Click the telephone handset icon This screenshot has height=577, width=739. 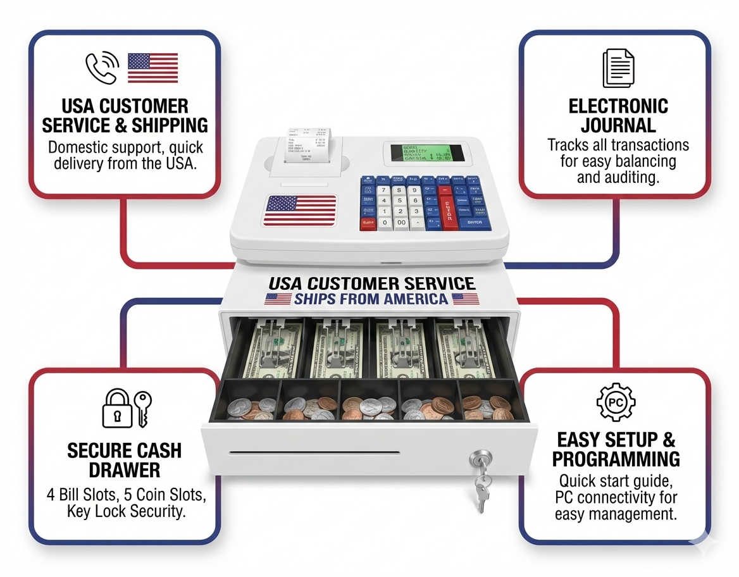[x=101, y=68]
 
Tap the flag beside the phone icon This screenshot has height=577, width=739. [x=152, y=68]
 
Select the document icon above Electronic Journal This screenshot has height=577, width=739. [x=618, y=68]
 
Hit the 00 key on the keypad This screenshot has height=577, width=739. [x=401, y=223]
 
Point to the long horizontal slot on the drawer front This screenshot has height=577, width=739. [x=314, y=453]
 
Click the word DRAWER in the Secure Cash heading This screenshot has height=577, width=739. [x=125, y=470]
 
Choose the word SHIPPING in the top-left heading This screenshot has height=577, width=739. [x=170, y=125]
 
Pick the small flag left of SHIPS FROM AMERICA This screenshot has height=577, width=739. [x=278, y=299]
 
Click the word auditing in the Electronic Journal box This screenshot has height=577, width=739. [x=629, y=178]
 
